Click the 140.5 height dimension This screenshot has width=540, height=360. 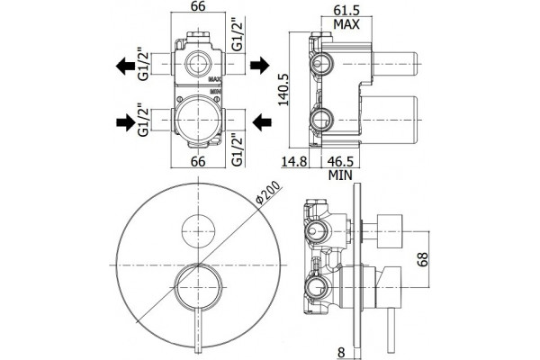(x=284, y=89)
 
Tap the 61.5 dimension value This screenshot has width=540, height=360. (x=346, y=10)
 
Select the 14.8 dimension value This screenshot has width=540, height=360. (x=293, y=161)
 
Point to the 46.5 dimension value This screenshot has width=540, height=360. (x=340, y=161)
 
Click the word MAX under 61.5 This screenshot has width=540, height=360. (x=346, y=24)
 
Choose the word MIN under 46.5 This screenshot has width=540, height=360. (x=340, y=175)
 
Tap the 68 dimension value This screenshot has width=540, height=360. (x=422, y=259)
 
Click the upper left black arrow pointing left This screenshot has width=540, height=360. (x=125, y=66)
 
